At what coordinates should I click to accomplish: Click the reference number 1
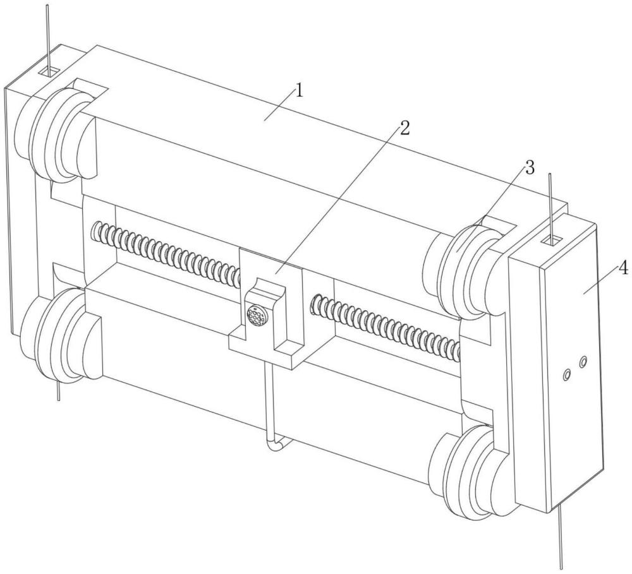click(x=299, y=91)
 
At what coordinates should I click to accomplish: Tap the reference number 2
click(x=404, y=129)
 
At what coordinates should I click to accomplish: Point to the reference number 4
click(x=623, y=268)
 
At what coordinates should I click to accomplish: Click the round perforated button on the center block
click(x=255, y=315)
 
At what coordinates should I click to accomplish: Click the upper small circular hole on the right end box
click(x=583, y=362)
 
